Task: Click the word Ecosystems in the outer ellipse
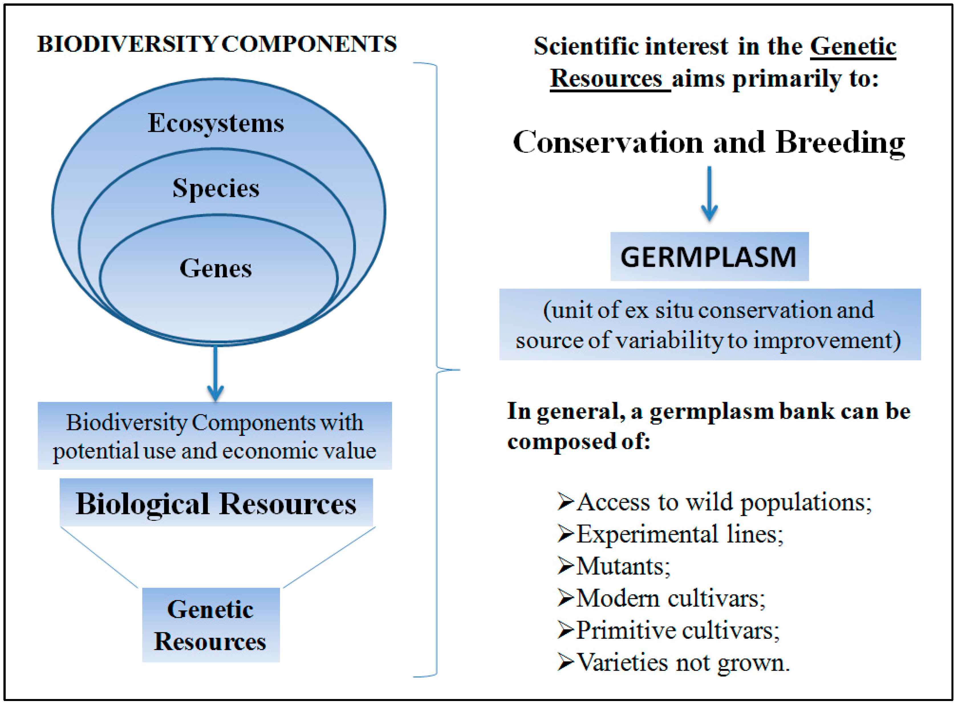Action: [x=216, y=123]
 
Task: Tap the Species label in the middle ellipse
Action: [x=216, y=188]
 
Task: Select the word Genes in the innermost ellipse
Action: [x=216, y=269]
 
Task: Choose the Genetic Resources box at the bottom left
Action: [x=211, y=625]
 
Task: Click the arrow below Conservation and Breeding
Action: [x=709, y=194]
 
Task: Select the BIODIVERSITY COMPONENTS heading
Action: [x=217, y=44]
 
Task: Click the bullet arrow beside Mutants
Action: [x=566, y=566]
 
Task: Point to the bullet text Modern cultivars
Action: [x=671, y=598]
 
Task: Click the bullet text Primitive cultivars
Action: [x=678, y=630]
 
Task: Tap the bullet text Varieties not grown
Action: [x=683, y=663]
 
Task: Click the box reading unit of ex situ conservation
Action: [x=710, y=324]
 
